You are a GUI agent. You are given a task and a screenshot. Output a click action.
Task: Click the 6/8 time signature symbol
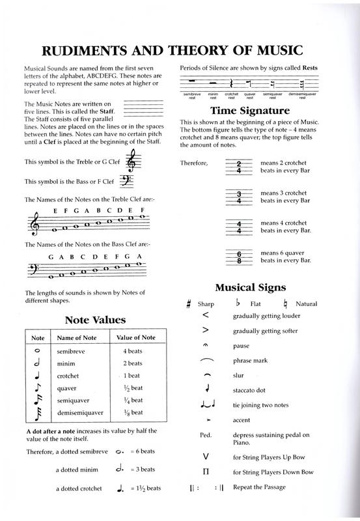[x=239, y=257]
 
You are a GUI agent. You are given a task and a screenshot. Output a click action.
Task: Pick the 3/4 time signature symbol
[x=239, y=197]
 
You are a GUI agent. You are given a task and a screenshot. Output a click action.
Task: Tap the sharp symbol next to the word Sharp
[x=188, y=303]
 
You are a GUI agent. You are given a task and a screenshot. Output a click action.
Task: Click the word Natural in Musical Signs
[x=306, y=303]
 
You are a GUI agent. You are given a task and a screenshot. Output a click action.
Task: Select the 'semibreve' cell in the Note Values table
[x=69, y=350]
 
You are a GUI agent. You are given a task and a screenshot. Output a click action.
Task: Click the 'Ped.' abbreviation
[x=202, y=435]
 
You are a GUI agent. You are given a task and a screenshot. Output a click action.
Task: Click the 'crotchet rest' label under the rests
[x=231, y=95]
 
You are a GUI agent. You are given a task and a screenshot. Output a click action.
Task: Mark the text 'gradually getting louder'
[x=266, y=317]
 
